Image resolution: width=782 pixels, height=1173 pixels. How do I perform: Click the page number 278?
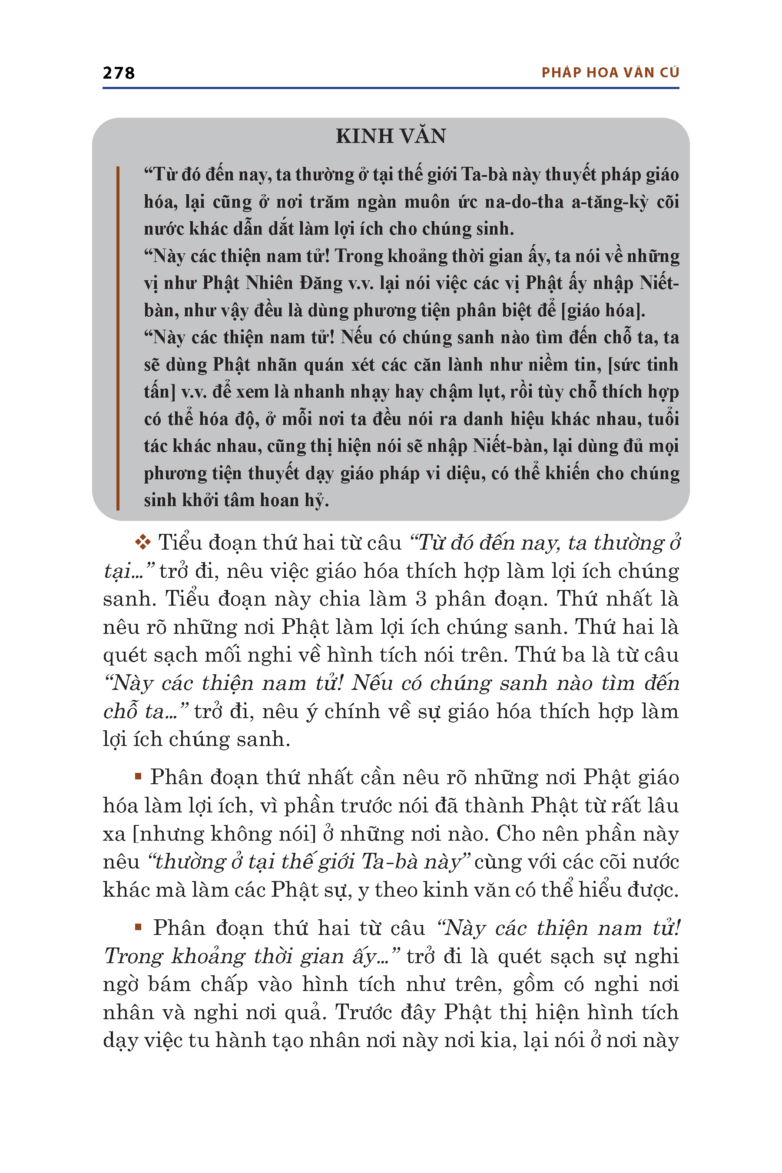[118, 73]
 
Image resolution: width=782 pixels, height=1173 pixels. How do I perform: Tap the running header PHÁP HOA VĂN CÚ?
[610, 73]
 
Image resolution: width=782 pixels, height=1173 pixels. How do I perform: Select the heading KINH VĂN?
[391, 136]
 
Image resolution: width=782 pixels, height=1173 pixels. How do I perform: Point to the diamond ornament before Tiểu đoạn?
[142, 542]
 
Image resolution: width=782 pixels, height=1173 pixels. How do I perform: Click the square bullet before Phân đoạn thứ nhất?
[138, 776]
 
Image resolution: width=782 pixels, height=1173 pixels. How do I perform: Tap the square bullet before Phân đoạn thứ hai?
[138, 927]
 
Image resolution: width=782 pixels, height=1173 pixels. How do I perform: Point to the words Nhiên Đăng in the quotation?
[295, 283]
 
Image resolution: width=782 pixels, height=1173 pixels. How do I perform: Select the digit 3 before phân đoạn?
[421, 599]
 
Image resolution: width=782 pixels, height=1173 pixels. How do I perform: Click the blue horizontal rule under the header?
[391, 88]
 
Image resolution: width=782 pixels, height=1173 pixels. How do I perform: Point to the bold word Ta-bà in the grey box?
[483, 175]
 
